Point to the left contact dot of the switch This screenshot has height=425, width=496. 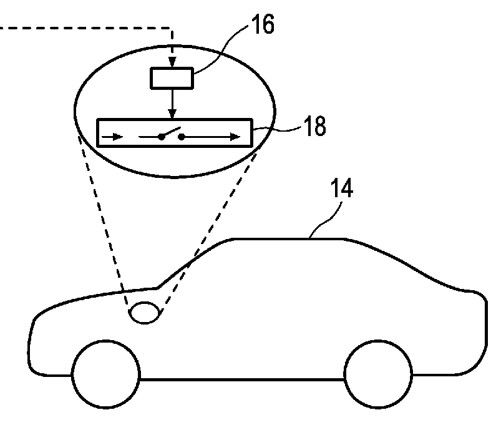pyautogui.click(x=160, y=137)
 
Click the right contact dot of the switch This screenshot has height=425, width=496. pyautogui.click(x=181, y=137)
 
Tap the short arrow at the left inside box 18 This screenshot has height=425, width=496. pyautogui.click(x=114, y=137)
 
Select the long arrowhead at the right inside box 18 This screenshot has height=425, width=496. pyautogui.click(x=235, y=137)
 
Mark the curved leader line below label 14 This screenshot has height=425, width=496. pyautogui.click(x=324, y=222)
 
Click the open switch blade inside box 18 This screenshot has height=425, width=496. pyautogui.click(x=171, y=132)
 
